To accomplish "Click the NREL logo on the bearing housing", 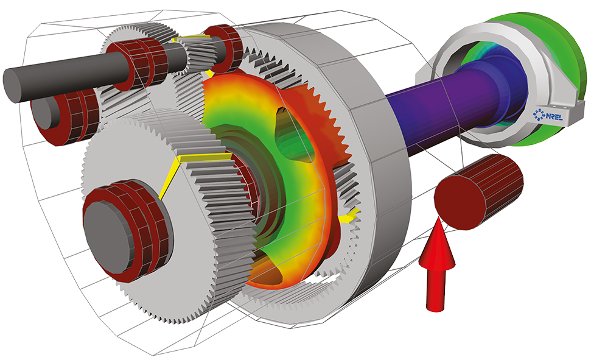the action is tap(548, 115).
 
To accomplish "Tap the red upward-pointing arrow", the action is tap(437, 264).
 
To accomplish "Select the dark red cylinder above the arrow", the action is tap(478, 192).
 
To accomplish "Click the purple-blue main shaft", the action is tap(433, 110).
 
